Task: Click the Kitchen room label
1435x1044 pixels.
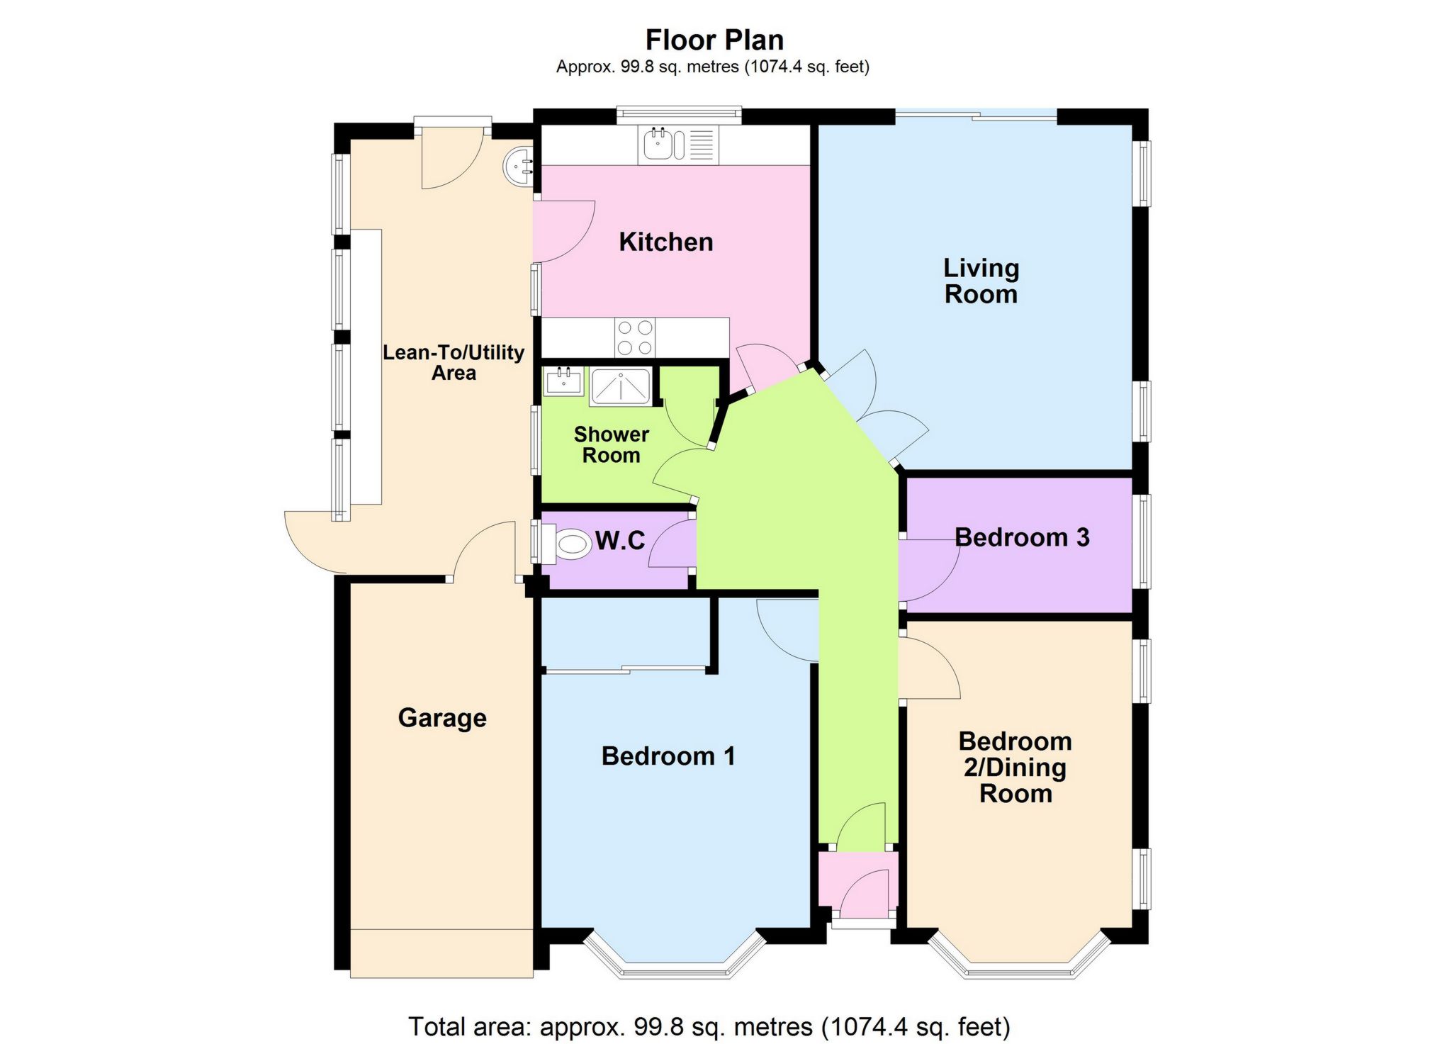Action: coord(666,242)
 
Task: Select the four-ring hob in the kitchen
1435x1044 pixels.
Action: coord(635,337)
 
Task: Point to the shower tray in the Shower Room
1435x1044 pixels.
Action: coord(621,387)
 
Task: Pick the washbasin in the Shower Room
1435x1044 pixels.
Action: coord(564,381)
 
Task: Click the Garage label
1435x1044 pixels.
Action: coord(442,718)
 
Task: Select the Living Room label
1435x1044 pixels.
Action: coord(981,281)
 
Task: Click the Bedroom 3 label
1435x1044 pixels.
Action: coord(1022,537)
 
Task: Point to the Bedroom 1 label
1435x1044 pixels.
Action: coord(668,756)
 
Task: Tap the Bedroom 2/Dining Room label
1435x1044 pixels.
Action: coord(1015,768)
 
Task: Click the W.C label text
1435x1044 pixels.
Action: coord(620,541)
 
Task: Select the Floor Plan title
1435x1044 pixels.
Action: coord(714,40)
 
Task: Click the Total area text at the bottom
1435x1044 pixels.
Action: coord(709,1026)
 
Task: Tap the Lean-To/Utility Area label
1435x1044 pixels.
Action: coord(454,363)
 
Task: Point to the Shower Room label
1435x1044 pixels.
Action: coord(612,444)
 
